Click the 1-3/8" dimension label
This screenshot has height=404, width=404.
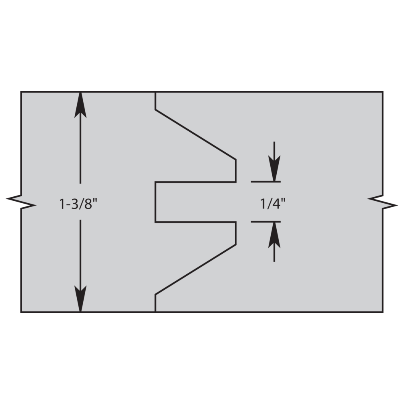click(79, 204)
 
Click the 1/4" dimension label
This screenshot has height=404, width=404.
click(273, 204)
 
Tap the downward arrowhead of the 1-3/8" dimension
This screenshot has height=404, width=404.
click(80, 299)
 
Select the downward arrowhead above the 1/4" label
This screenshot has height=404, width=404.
click(274, 168)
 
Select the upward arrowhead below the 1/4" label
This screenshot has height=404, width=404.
click(274, 235)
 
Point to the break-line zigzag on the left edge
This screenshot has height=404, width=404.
click(21, 202)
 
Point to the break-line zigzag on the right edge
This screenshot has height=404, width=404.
click(383, 202)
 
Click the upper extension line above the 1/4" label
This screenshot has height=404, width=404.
click(266, 182)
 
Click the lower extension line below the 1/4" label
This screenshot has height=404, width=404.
click(266, 221)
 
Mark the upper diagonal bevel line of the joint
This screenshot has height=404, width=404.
click(196, 135)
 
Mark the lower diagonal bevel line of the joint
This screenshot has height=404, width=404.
click(196, 269)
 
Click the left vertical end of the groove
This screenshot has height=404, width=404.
click(156, 202)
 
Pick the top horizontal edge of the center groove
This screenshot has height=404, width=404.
click(196, 182)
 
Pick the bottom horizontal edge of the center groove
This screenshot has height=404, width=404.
click(196, 222)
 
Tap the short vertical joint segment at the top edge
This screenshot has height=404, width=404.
click(156, 101)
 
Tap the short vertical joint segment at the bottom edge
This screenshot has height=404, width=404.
click(156, 303)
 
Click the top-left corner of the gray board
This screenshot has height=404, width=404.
click(21, 91)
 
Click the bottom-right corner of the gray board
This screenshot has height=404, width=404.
click(383, 312)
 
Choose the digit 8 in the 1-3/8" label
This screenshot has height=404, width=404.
click(88, 204)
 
